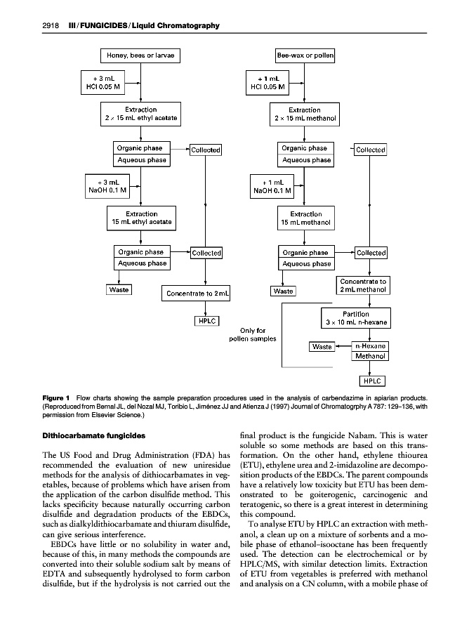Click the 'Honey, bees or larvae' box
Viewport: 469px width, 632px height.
pyautogui.click(x=140, y=55)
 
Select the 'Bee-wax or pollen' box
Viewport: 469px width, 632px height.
pyautogui.click(x=305, y=55)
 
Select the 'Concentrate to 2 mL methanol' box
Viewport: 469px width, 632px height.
pyautogui.click(x=362, y=287)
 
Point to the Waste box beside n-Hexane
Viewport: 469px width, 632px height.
pyautogui.click(x=322, y=347)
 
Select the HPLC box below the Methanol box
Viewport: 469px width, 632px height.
pyautogui.click(x=371, y=381)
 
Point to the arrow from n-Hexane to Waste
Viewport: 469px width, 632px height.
pyautogui.click(x=343, y=346)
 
